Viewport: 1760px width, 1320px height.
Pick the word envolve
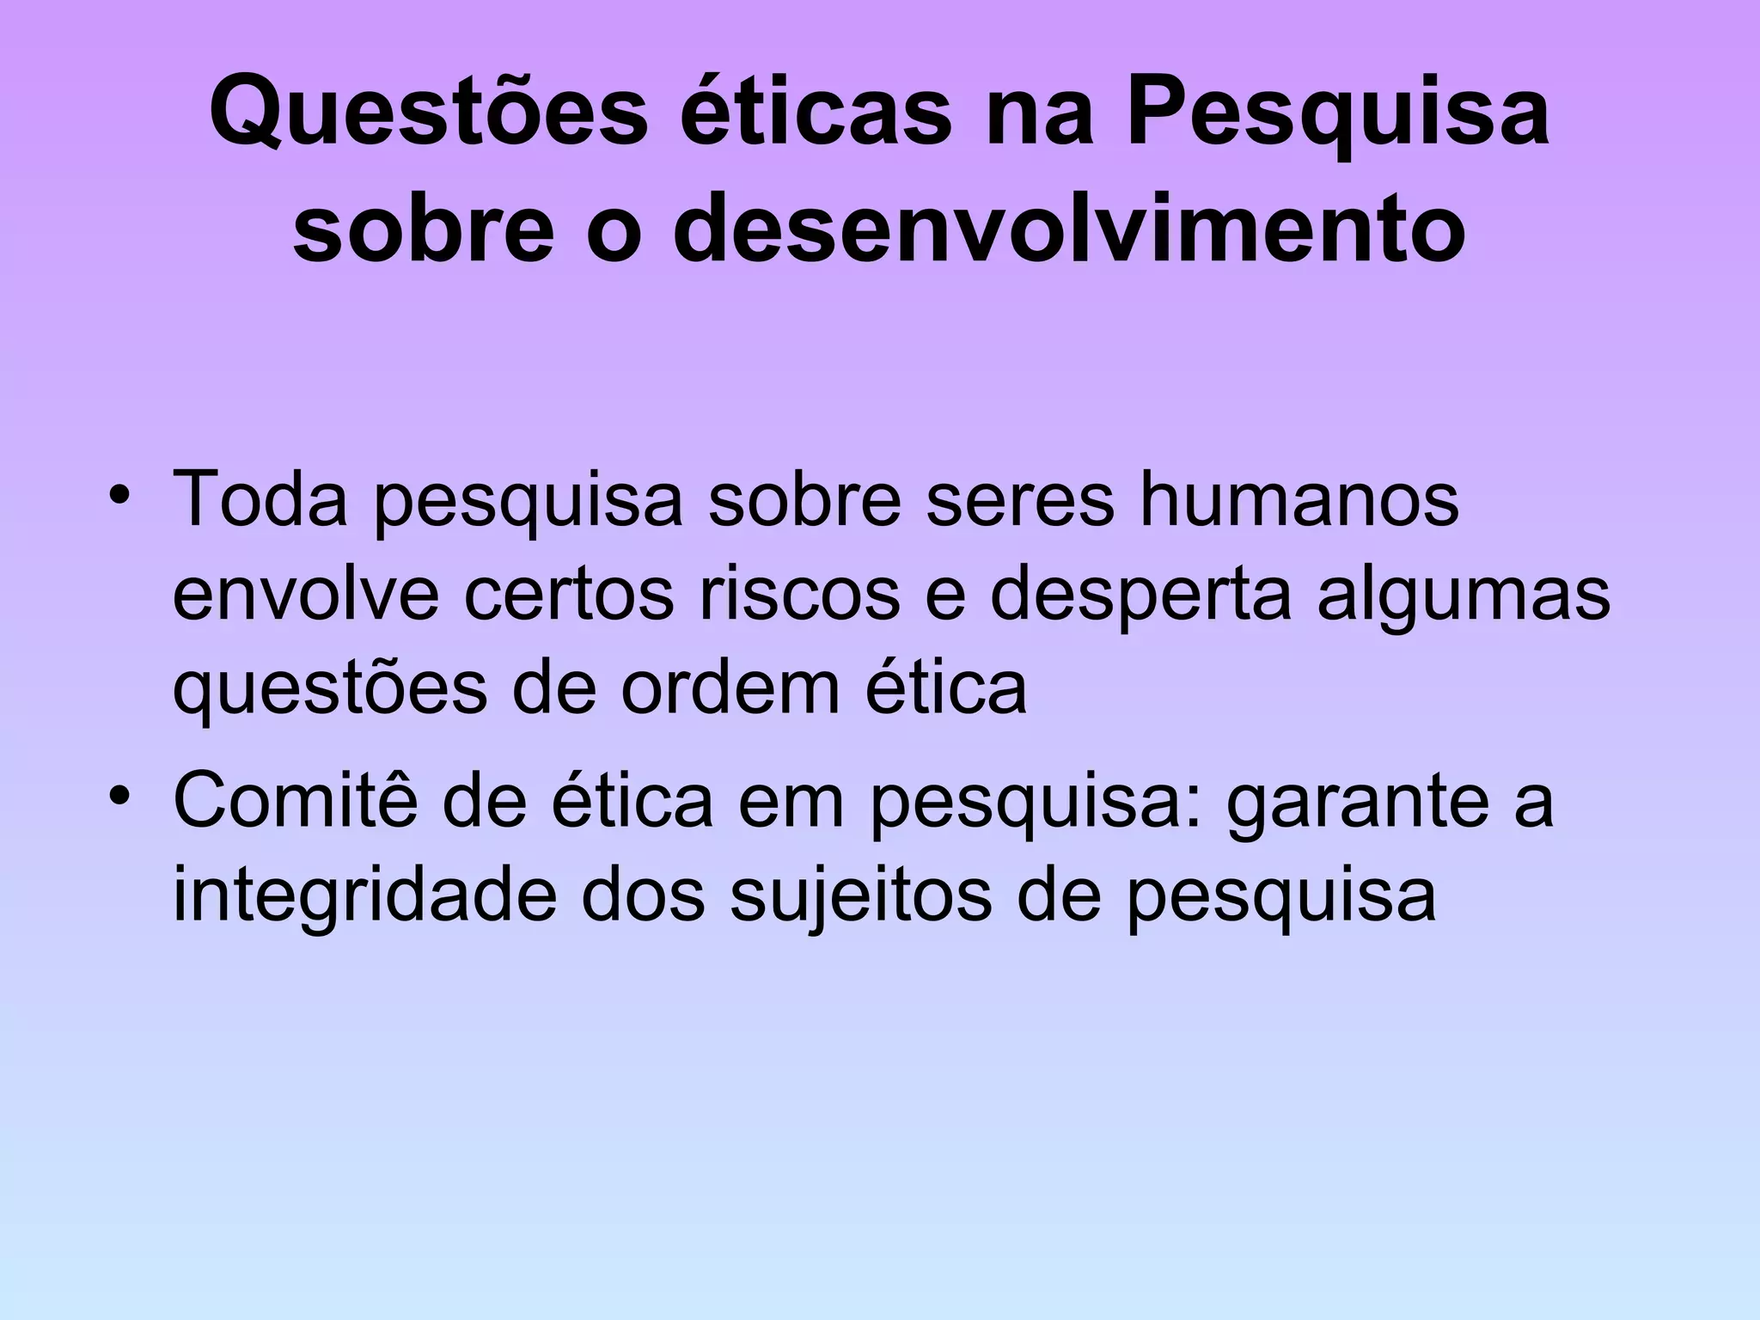coord(306,595)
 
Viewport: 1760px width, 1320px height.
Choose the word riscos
coord(799,595)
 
